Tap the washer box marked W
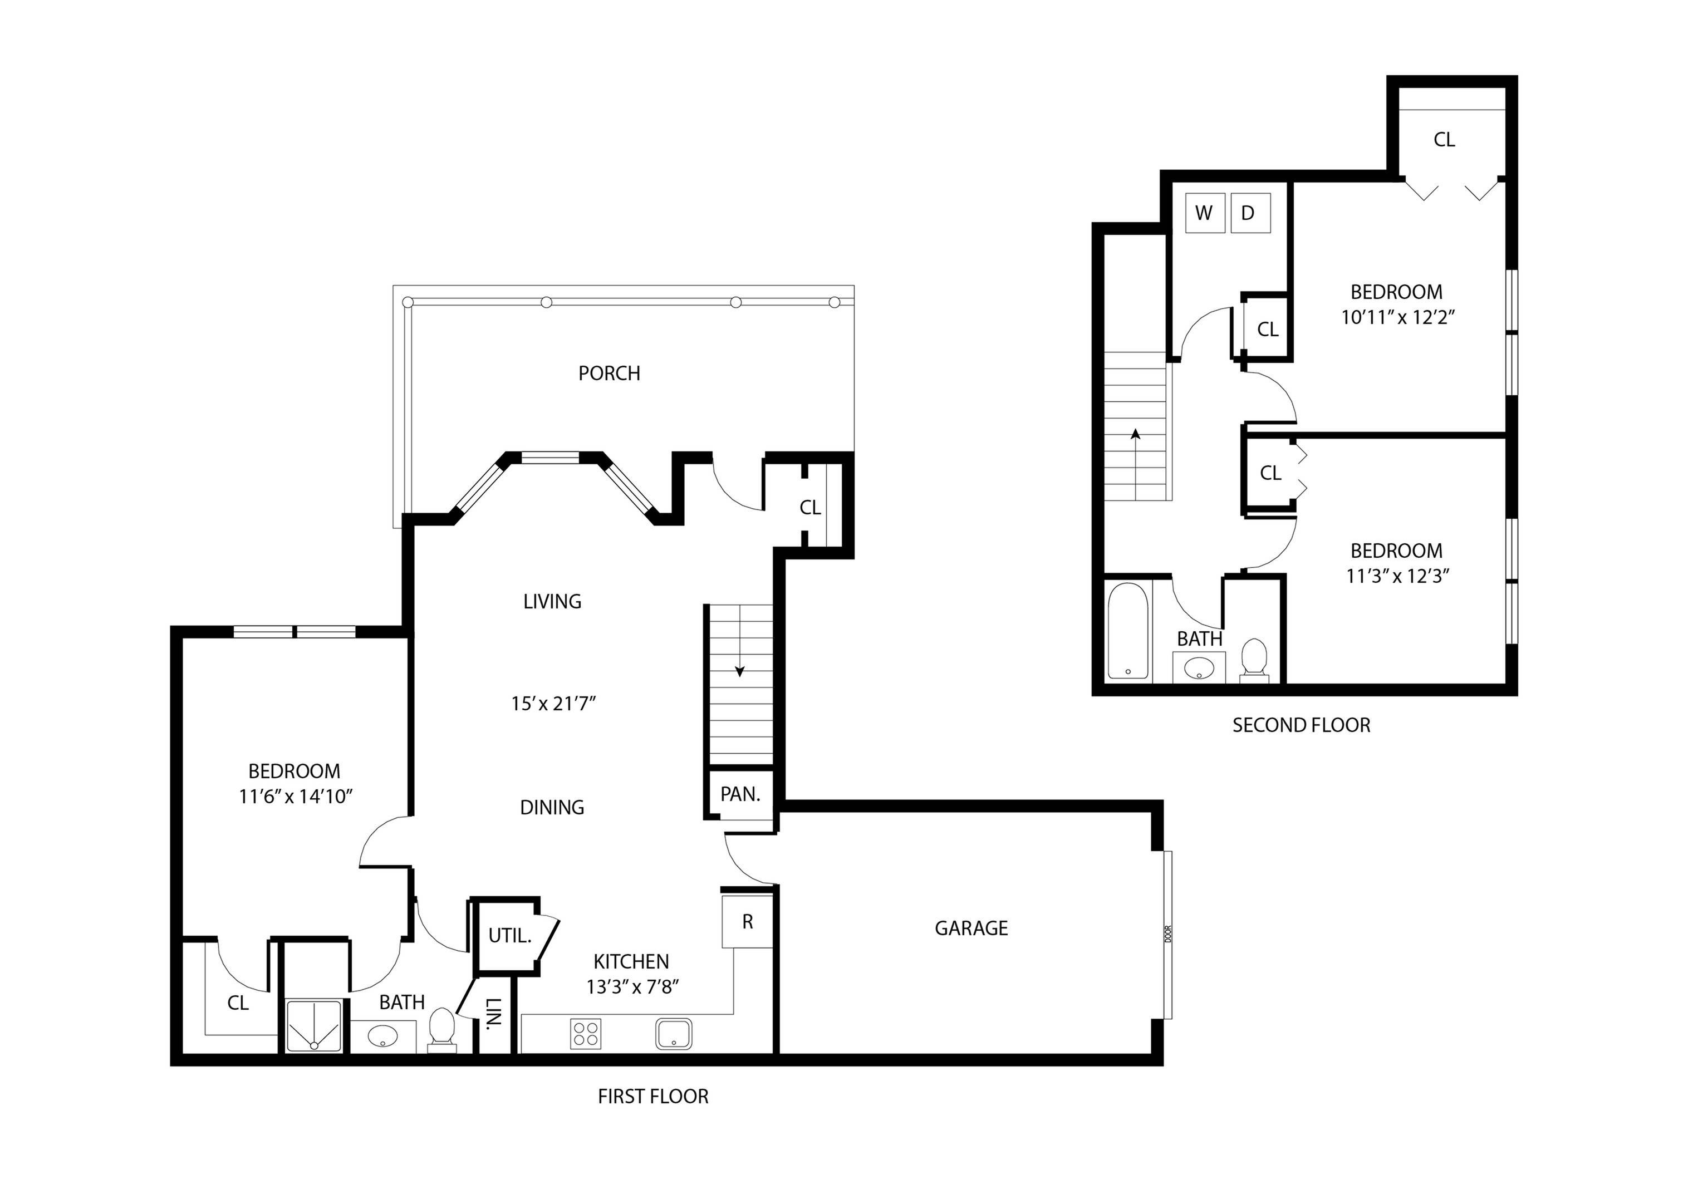coord(1204,213)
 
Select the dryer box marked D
coord(1250,213)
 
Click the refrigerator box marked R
coord(747,922)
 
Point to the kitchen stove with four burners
coord(585,1034)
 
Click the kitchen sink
coord(674,1034)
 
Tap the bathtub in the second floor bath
coord(1128,631)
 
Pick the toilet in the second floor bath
coord(1254,660)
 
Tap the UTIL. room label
coord(509,936)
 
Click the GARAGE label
coord(971,928)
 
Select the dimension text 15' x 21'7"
coord(553,704)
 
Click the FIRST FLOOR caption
coord(653,1096)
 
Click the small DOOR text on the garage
coord(1167,933)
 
